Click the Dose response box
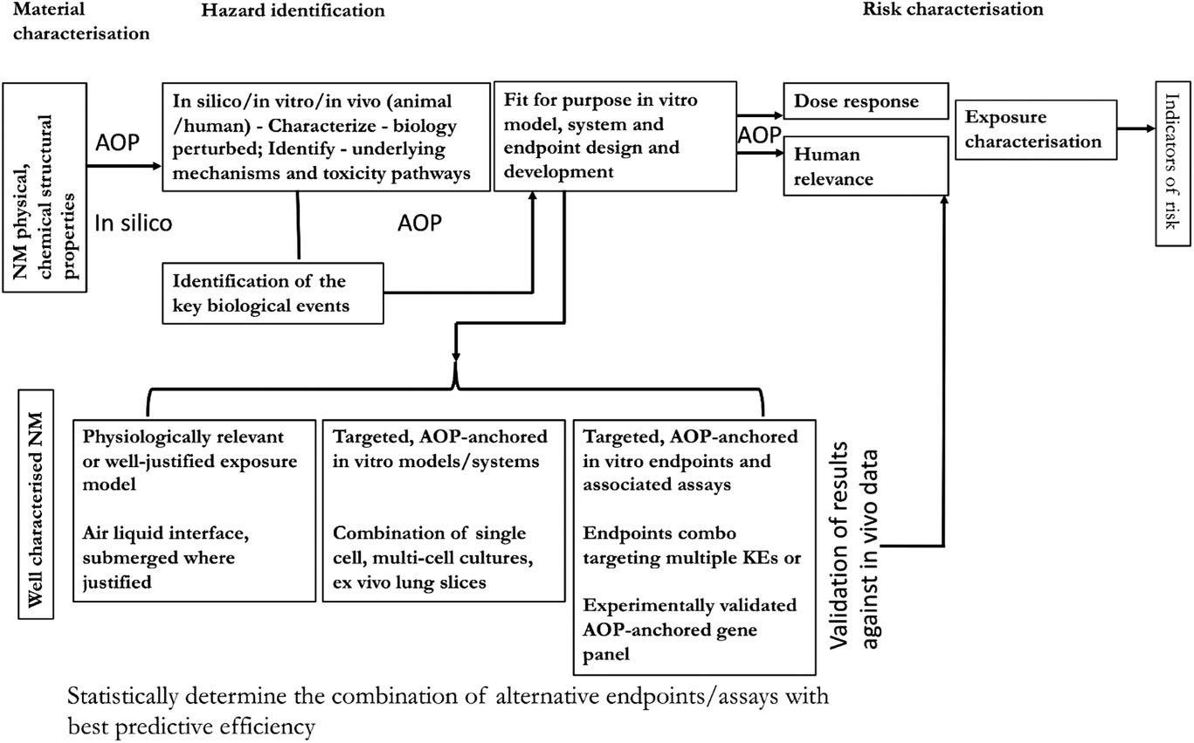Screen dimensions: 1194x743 coord(866,100)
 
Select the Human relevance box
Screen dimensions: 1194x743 coord(866,166)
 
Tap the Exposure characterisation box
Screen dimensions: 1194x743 coord(1036,129)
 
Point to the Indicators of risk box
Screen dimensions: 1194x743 coord(1173,163)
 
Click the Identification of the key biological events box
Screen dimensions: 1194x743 coord(273,293)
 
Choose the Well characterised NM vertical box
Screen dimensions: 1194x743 coord(36,505)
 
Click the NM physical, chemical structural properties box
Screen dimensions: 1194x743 coord(45,187)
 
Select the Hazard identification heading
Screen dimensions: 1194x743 coord(293,10)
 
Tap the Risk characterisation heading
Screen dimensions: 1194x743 coord(953,9)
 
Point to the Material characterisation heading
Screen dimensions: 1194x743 coord(81,21)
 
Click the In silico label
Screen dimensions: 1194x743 coord(134,223)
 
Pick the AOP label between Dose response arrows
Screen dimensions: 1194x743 coord(759,134)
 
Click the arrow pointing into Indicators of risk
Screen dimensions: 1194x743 coord(1135,128)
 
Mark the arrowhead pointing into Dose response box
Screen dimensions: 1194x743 coord(777,114)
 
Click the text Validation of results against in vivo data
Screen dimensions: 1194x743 coord(854,546)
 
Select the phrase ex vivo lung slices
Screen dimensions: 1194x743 coord(410,582)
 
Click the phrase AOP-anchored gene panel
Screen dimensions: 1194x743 coord(670,642)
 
